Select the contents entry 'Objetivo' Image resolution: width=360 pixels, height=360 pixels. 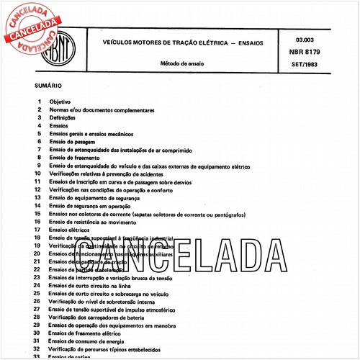click(x=60, y=103)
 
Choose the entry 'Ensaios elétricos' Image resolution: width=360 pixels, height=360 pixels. click(x=72, y=229)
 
